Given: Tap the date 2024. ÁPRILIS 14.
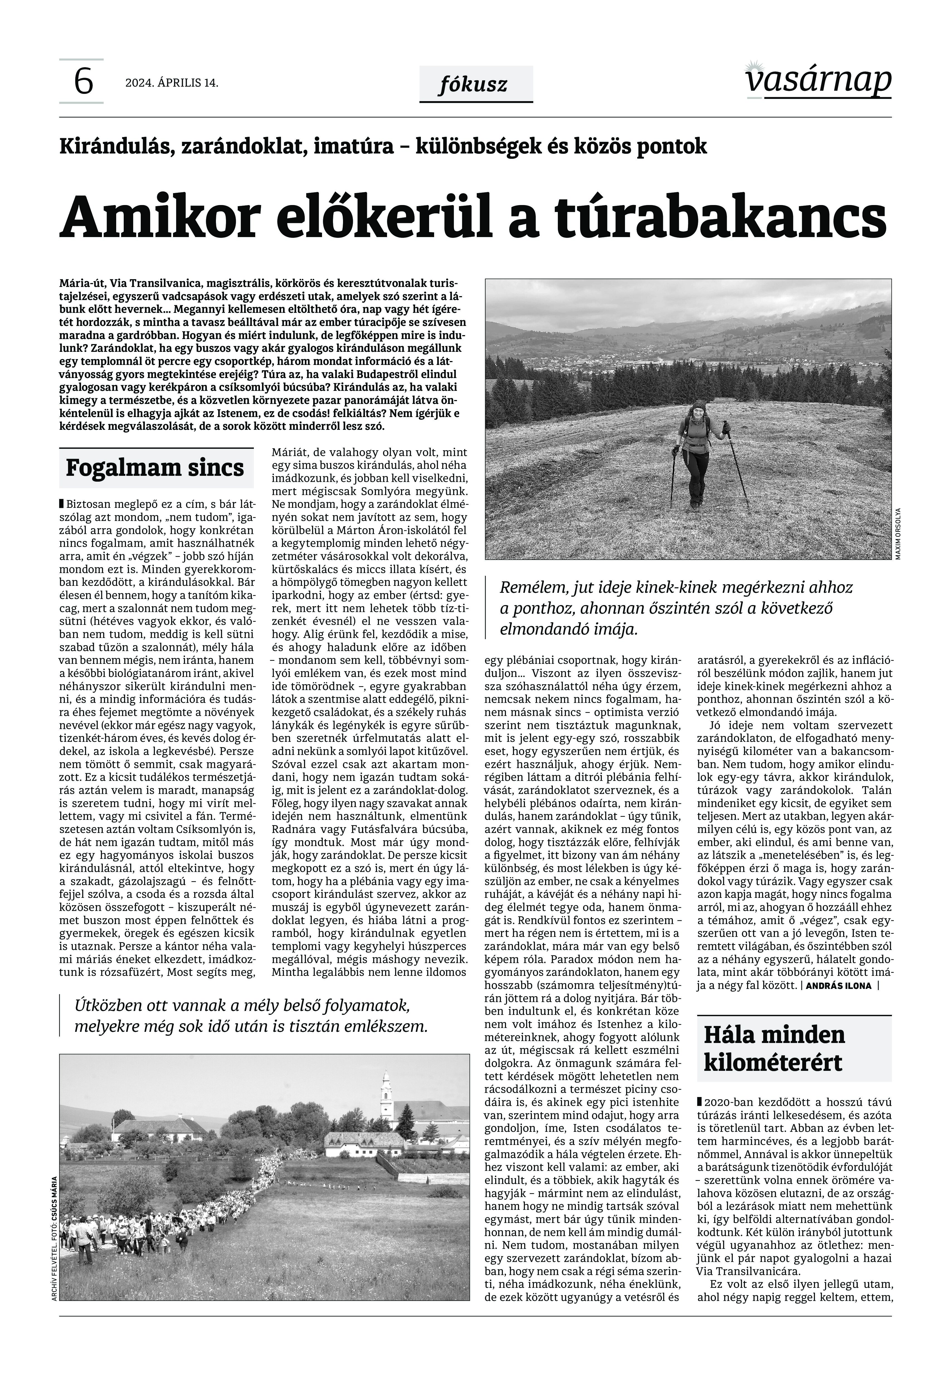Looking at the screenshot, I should click(x=172, y=83).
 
